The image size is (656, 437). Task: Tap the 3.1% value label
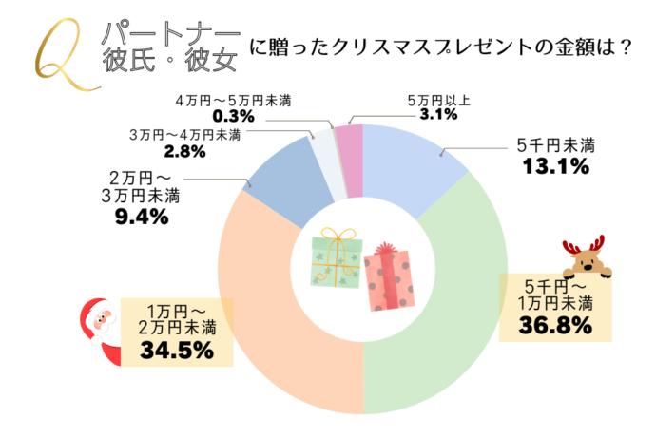click(x=437, y=115)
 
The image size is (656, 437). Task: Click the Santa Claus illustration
click(x=95, y=328)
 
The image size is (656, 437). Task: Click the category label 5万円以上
click(x=437, y=99)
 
